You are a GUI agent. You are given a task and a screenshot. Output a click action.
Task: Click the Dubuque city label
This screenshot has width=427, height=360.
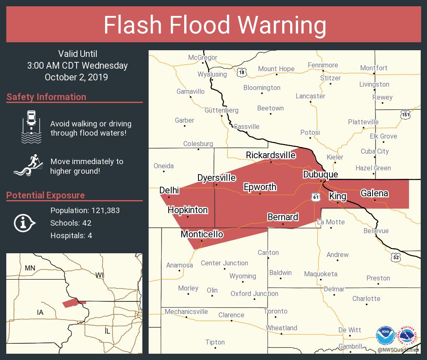coord(320,174)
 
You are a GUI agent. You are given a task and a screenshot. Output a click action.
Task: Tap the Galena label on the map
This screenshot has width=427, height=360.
coord(374,193)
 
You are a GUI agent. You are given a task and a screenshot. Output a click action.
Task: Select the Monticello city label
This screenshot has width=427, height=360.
coord(202,234)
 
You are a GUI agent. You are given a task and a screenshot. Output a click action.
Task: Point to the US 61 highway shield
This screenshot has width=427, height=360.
coord(316,196)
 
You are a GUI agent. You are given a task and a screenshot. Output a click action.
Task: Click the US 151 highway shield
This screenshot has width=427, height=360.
coord(405,115)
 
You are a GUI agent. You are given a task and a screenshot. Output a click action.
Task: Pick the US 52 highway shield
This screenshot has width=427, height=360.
coord(396,257)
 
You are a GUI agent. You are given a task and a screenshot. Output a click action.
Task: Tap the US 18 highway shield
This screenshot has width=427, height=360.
coord(241,72)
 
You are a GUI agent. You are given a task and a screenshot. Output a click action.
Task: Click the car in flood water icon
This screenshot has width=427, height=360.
coord(31,125)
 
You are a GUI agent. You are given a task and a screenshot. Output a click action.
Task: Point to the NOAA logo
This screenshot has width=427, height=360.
coord(385,335)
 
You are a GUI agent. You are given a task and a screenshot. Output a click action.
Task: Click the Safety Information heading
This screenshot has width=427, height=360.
coord(46,97)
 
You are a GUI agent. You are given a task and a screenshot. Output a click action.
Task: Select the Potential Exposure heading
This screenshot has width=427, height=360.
coord(45,195)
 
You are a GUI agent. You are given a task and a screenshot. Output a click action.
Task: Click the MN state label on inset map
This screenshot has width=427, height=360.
coord(30,268)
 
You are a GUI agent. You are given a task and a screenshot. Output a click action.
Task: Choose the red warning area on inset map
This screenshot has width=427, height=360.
coord(72,303)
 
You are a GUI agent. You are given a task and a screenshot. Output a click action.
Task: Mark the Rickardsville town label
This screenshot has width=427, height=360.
coord(270,155)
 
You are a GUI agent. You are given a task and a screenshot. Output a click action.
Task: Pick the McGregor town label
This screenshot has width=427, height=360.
coord(203,57)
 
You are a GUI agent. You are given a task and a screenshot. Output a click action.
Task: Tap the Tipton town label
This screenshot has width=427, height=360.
coord(215,342)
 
